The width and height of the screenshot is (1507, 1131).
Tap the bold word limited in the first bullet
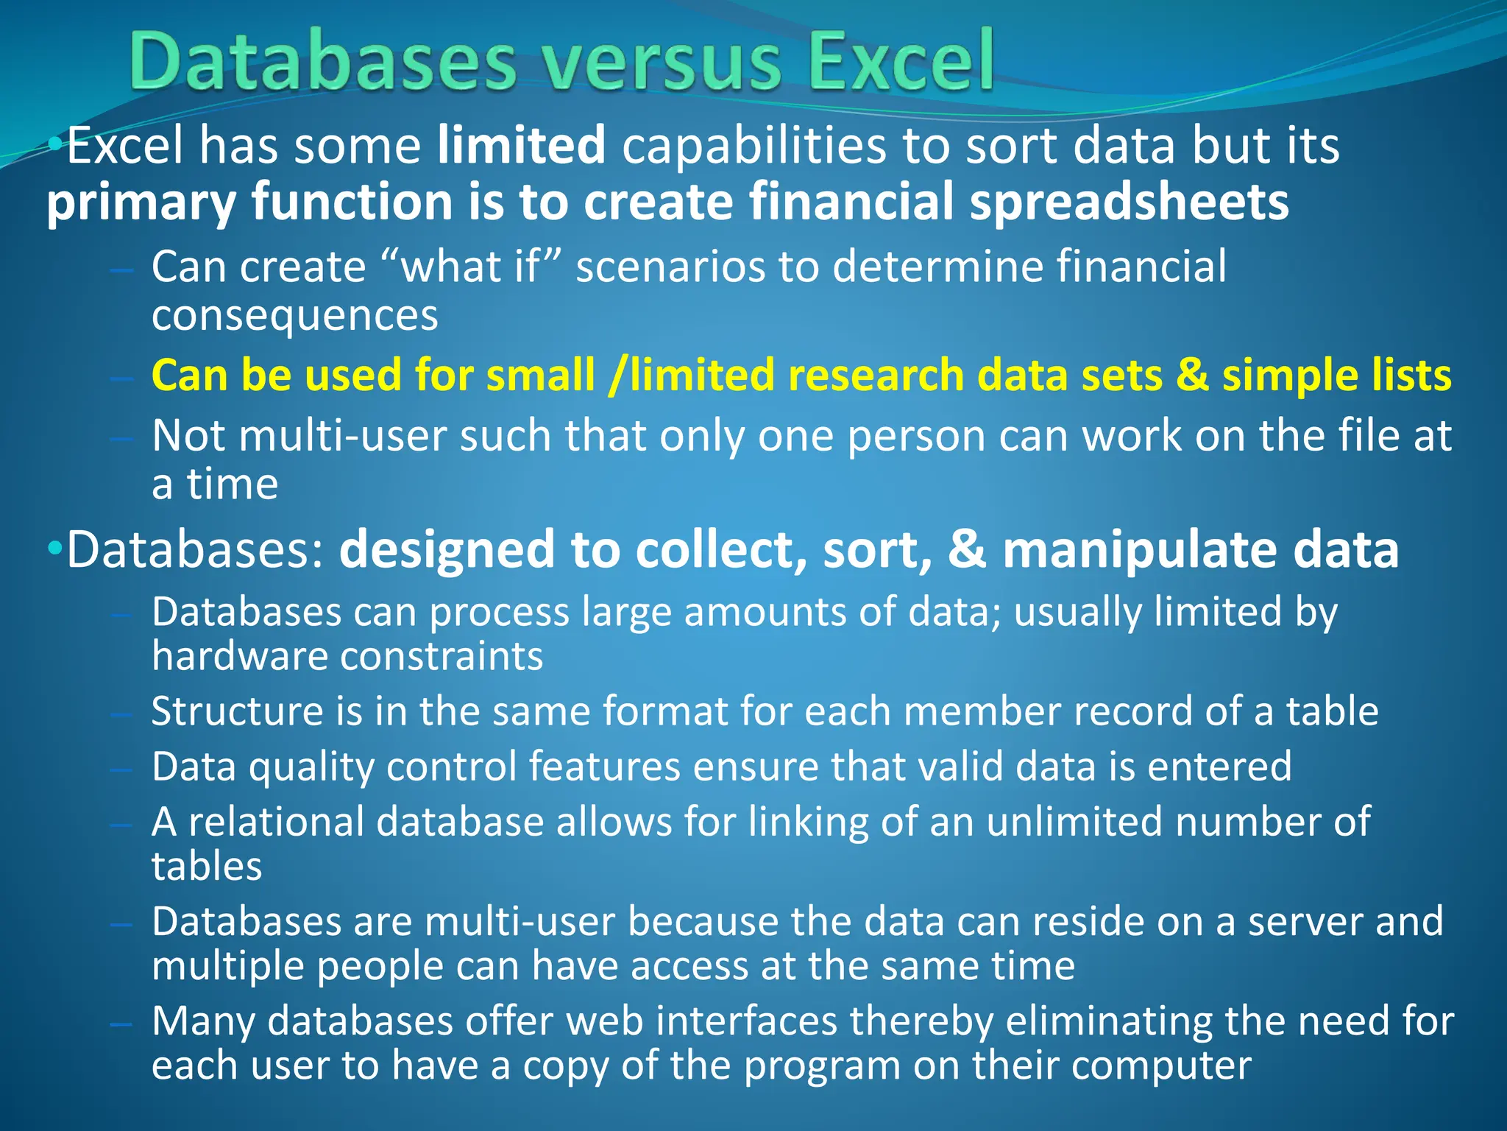coord(521,145)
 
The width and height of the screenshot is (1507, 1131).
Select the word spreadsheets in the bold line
coord(1129,202)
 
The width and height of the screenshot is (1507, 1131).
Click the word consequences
coord(294,315)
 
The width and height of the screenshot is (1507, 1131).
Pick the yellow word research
coord(876,375)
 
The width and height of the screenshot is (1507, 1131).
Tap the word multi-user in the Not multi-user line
coord(343,435)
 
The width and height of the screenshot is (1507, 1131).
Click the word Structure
coord(237,711)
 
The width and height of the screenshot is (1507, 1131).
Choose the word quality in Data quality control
coord(311,767)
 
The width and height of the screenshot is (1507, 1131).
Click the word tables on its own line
coord(207,866)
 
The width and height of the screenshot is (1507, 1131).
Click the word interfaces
coord(746,1021)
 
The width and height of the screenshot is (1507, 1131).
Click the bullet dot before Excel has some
coord(55,144)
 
